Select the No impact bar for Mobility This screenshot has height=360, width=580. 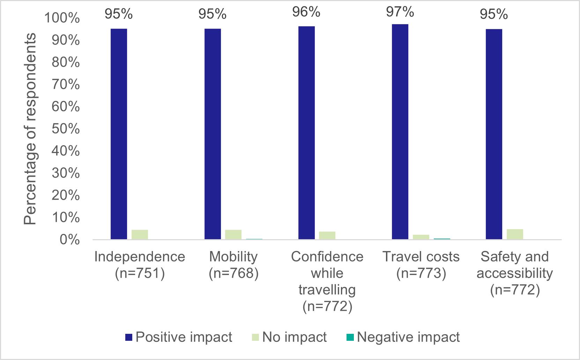tap(233, 234)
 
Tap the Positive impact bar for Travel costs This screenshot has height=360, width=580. tap(400, 132)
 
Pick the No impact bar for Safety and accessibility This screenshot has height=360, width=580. tap(515, 234)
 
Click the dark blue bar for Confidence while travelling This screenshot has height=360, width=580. tap(306, 133)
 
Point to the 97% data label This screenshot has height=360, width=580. tap(400, 12)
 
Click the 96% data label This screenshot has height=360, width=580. tap(306, 12)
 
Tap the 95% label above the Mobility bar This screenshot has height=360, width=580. tap(212, 14)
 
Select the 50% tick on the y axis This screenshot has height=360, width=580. tap(66, 129)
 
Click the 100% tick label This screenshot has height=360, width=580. tap(62, 18)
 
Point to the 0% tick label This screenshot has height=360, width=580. tap(69, 240)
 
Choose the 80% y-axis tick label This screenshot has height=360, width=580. tap(66, 63)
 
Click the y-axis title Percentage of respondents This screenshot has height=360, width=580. tap(30, 129)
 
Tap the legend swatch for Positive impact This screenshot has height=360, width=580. tap(129, 337)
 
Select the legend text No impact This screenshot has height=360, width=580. tap(294, 337)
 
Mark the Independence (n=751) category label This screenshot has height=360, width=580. tap(140, 265)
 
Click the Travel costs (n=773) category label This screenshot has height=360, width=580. tap(421, 265)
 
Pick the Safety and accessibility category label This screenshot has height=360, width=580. tap(515, 273)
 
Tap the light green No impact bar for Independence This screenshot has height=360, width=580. tap(140, 234)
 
